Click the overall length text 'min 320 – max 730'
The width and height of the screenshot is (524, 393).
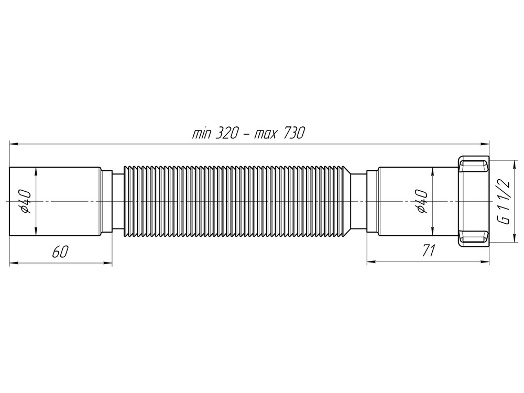coord(248,134)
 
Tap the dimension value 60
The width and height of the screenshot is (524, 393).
coord(59,252)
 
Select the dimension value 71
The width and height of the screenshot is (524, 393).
coord(429,252)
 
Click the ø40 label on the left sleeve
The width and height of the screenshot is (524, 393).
coord(28,202)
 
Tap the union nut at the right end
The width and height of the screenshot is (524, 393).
coord(474,202)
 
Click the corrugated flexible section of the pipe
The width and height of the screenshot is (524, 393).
coord(236,202)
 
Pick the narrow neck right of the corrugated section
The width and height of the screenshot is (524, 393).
coord(357,202)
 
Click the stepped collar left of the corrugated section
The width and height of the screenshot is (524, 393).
coord(107,202)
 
